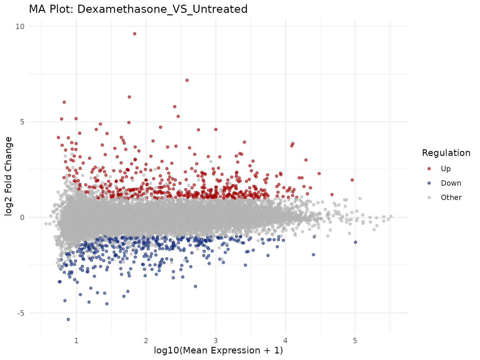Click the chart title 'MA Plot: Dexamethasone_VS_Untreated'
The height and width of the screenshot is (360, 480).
[138, 9]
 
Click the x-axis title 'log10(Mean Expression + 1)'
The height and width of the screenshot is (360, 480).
[218, 351]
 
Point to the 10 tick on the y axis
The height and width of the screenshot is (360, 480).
[20, 27]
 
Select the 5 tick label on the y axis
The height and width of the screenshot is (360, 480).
[22, 122]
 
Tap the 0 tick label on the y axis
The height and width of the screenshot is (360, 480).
[22, 217]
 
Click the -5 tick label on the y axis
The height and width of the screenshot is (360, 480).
[20, 313]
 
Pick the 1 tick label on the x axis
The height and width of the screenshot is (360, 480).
[76, 340]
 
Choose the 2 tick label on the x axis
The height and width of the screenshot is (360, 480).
[146, 340]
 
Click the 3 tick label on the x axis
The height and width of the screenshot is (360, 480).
[216, 340]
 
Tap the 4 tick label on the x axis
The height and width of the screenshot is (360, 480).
[285, 340]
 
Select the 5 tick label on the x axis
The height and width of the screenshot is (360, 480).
[355, 340]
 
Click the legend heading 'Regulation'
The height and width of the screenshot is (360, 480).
[446, 153]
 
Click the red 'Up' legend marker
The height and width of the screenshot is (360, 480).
[429, 169]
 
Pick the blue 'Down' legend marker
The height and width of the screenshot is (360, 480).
[429, 183]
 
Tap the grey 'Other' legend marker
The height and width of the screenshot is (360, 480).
[429, 197]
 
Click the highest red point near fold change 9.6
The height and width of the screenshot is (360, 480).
[134, 34]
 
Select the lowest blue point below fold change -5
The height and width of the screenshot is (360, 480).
[68, 319]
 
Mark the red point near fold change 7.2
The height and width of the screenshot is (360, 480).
[187, 80]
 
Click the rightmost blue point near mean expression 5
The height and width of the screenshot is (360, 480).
[355, 242]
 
